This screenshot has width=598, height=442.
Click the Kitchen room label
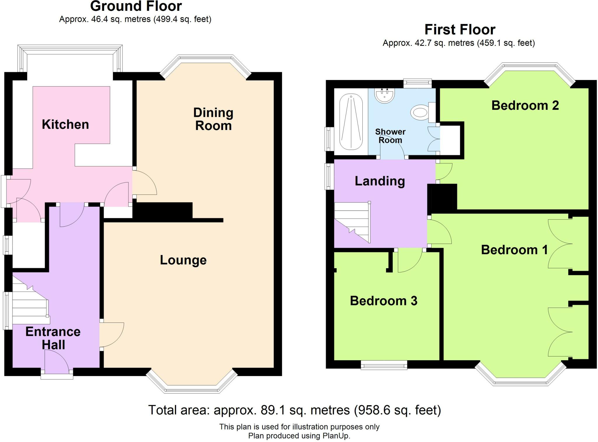tap(65, 124)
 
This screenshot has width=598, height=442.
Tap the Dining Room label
tap(213, 119)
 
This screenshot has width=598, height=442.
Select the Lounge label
tap(183, 260)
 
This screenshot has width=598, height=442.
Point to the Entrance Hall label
tap(53, 338)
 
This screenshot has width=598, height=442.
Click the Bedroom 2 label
tap(525, 105)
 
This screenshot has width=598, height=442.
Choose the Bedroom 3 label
tap(383, 301)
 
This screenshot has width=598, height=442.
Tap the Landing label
tap(380, 181)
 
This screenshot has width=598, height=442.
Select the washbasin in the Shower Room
tap(385, 95)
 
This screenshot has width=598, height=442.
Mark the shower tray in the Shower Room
tap(351, 122)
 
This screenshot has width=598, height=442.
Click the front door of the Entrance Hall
tap(57, 362)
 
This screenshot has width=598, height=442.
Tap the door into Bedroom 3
tap(409, 260)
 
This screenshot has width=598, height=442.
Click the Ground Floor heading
tap(136, 6)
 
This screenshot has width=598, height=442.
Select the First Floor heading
tap(460, 30)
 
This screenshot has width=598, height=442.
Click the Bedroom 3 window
tap(384, 365)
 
